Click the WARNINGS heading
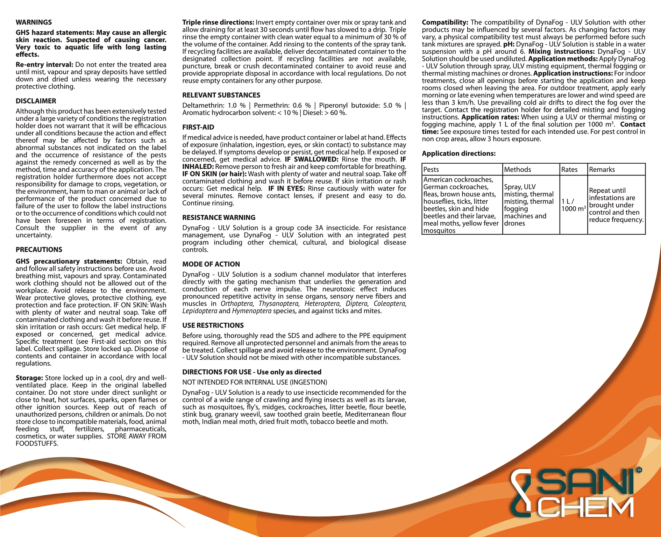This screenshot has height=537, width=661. click(34, 22)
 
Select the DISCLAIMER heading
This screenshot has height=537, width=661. click(36, 101)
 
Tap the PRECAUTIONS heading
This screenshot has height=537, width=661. click(39, 250)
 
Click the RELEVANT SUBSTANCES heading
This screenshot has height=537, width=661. click(221, 95)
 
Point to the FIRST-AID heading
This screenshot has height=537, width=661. click(198, 127)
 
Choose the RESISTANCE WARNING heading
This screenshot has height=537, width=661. click(219, 217)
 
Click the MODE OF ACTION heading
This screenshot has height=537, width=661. click(211, 264)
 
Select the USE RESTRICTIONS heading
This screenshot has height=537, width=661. click(213, 325)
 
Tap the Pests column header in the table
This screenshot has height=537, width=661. click(431, 170)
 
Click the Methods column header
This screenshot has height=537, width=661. click(517, 170)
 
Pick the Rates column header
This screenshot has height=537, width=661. click(569, 170)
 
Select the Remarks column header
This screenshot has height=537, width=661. click(602, 170)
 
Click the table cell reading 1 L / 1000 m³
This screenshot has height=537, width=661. click(573, 205)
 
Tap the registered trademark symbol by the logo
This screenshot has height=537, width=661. click(639, 470)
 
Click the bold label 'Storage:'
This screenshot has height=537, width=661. click(29, 378)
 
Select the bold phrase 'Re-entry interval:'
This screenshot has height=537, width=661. click(44, 65)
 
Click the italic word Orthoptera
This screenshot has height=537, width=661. click(236, 304)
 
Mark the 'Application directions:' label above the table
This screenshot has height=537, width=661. click(459, 153)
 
